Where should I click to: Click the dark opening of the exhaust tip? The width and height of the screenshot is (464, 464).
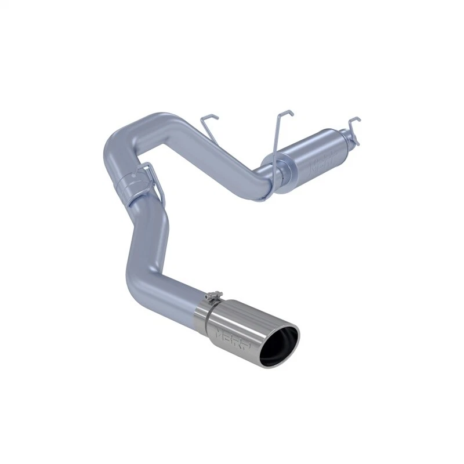(278, 347)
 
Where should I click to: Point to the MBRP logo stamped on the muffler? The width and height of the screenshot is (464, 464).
(320, 162)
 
